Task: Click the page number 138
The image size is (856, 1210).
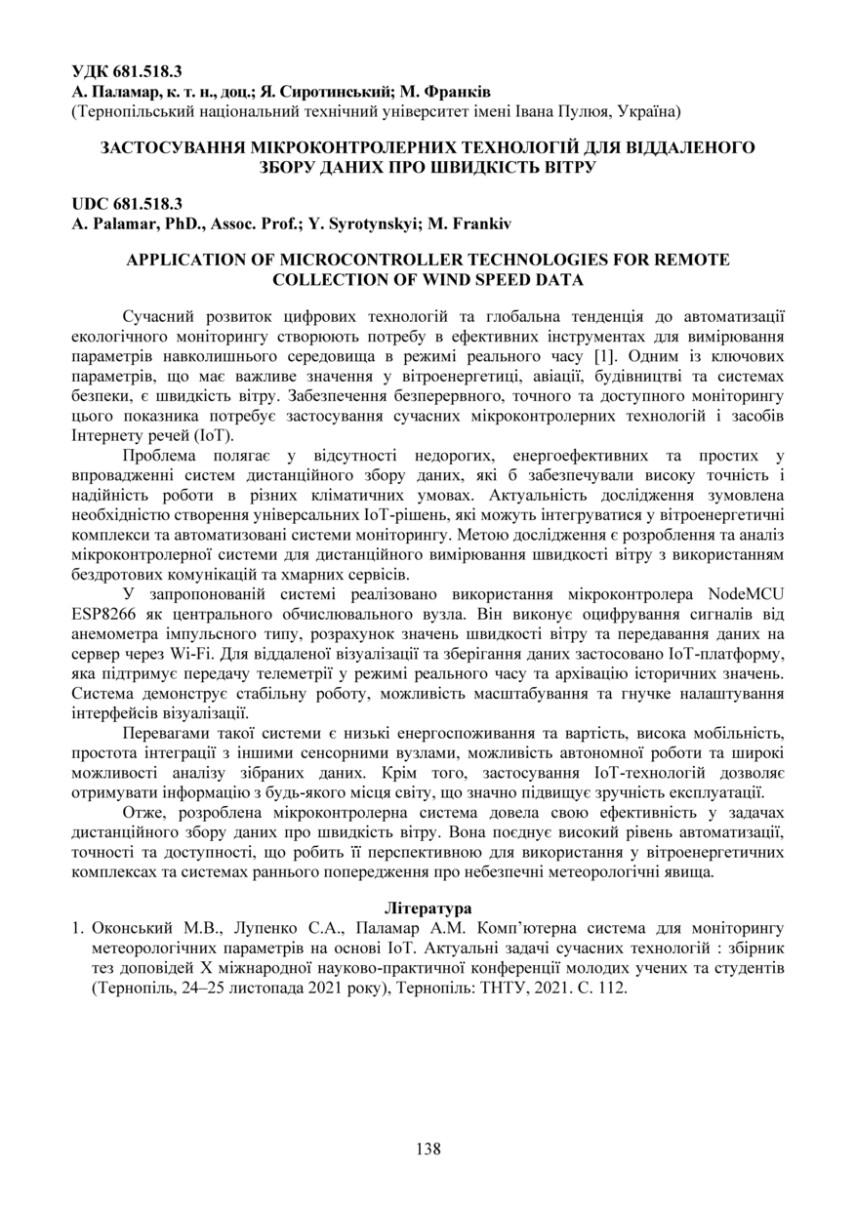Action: (x=428, y=1149)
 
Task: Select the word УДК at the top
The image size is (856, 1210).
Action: (x=91, y=71)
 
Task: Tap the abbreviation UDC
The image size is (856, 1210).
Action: (x=91, y=204)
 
